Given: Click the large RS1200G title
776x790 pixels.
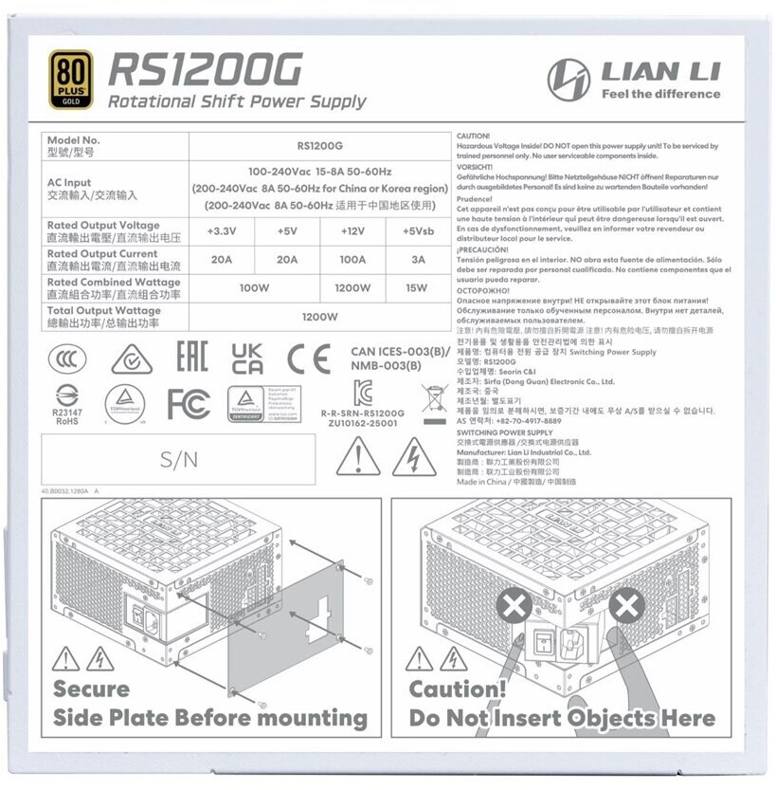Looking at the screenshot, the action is (206, 69).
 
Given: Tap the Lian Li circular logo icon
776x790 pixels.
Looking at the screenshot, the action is (568, 80).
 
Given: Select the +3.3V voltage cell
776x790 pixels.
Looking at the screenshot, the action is (223, 231).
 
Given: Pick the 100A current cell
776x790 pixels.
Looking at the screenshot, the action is (352, 260).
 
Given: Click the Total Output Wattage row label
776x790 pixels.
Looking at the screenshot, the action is (104, 316).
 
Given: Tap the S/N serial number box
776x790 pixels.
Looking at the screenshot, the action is (179, 460).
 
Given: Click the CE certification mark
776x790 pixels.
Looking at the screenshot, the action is (309, 359).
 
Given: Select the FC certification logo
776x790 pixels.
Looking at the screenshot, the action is (188, 403).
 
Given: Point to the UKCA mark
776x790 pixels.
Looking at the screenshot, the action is (248, 359).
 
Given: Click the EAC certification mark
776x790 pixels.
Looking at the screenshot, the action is (191, 359).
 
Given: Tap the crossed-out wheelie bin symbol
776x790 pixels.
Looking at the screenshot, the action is (434, 402).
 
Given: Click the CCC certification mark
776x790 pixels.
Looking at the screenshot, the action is (66, 360).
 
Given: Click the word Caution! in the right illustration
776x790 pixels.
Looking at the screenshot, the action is (458, 689).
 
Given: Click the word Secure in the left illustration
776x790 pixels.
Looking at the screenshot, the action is (91, 689).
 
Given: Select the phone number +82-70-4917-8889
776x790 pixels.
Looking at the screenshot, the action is (528, 420).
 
